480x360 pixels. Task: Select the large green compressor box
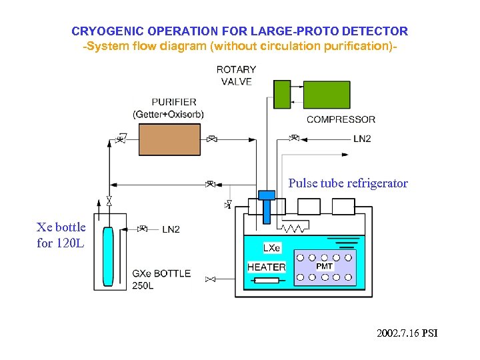click(327, 95)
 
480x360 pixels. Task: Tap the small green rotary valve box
click(282, 94)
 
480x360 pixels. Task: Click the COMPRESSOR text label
click(341, 120)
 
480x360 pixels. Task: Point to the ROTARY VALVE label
click(236, 75)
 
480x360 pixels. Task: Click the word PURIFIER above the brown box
click(173, 102)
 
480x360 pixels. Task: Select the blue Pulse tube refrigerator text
click(347, 183)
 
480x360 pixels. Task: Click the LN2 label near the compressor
click(362, 139)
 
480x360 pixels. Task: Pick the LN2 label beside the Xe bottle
click(171, 229)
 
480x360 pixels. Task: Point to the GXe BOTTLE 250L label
click(161, 279)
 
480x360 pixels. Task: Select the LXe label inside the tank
click(272, 248)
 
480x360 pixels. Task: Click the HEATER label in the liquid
click(266, 267)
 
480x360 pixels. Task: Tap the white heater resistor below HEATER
click(266, 280)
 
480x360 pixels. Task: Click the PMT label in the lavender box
click(324, 266)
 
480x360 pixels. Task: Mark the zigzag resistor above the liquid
click(293, 228)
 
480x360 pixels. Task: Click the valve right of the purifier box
click(211, 139)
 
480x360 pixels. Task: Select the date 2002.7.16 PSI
click(407, 333)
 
